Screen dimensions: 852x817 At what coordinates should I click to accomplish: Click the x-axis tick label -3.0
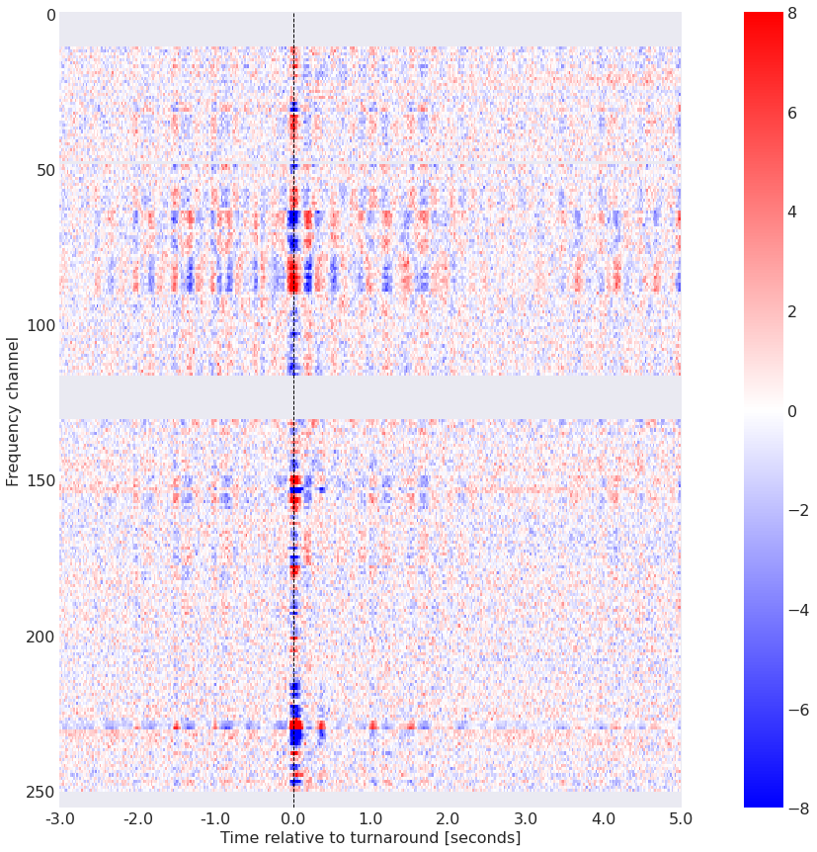click(59, 818)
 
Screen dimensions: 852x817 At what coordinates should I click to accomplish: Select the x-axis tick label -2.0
click(137, 818)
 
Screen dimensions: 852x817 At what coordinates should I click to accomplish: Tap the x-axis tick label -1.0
click(215, 818)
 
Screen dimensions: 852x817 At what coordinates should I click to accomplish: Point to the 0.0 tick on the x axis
click(293, 818)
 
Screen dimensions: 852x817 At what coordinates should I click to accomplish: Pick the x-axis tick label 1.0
click(370, 818)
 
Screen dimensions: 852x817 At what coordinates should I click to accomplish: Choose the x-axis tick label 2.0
click(449, 818)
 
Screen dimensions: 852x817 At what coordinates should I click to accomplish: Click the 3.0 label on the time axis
click(527, 818)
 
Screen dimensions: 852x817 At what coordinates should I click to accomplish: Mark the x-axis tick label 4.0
click(604, 818)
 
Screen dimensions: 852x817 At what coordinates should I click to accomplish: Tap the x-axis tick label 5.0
click(681, 818)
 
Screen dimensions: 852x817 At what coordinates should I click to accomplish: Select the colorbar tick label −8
click(799, 808)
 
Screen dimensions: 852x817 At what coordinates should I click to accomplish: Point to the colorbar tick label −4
click(799, 609)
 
